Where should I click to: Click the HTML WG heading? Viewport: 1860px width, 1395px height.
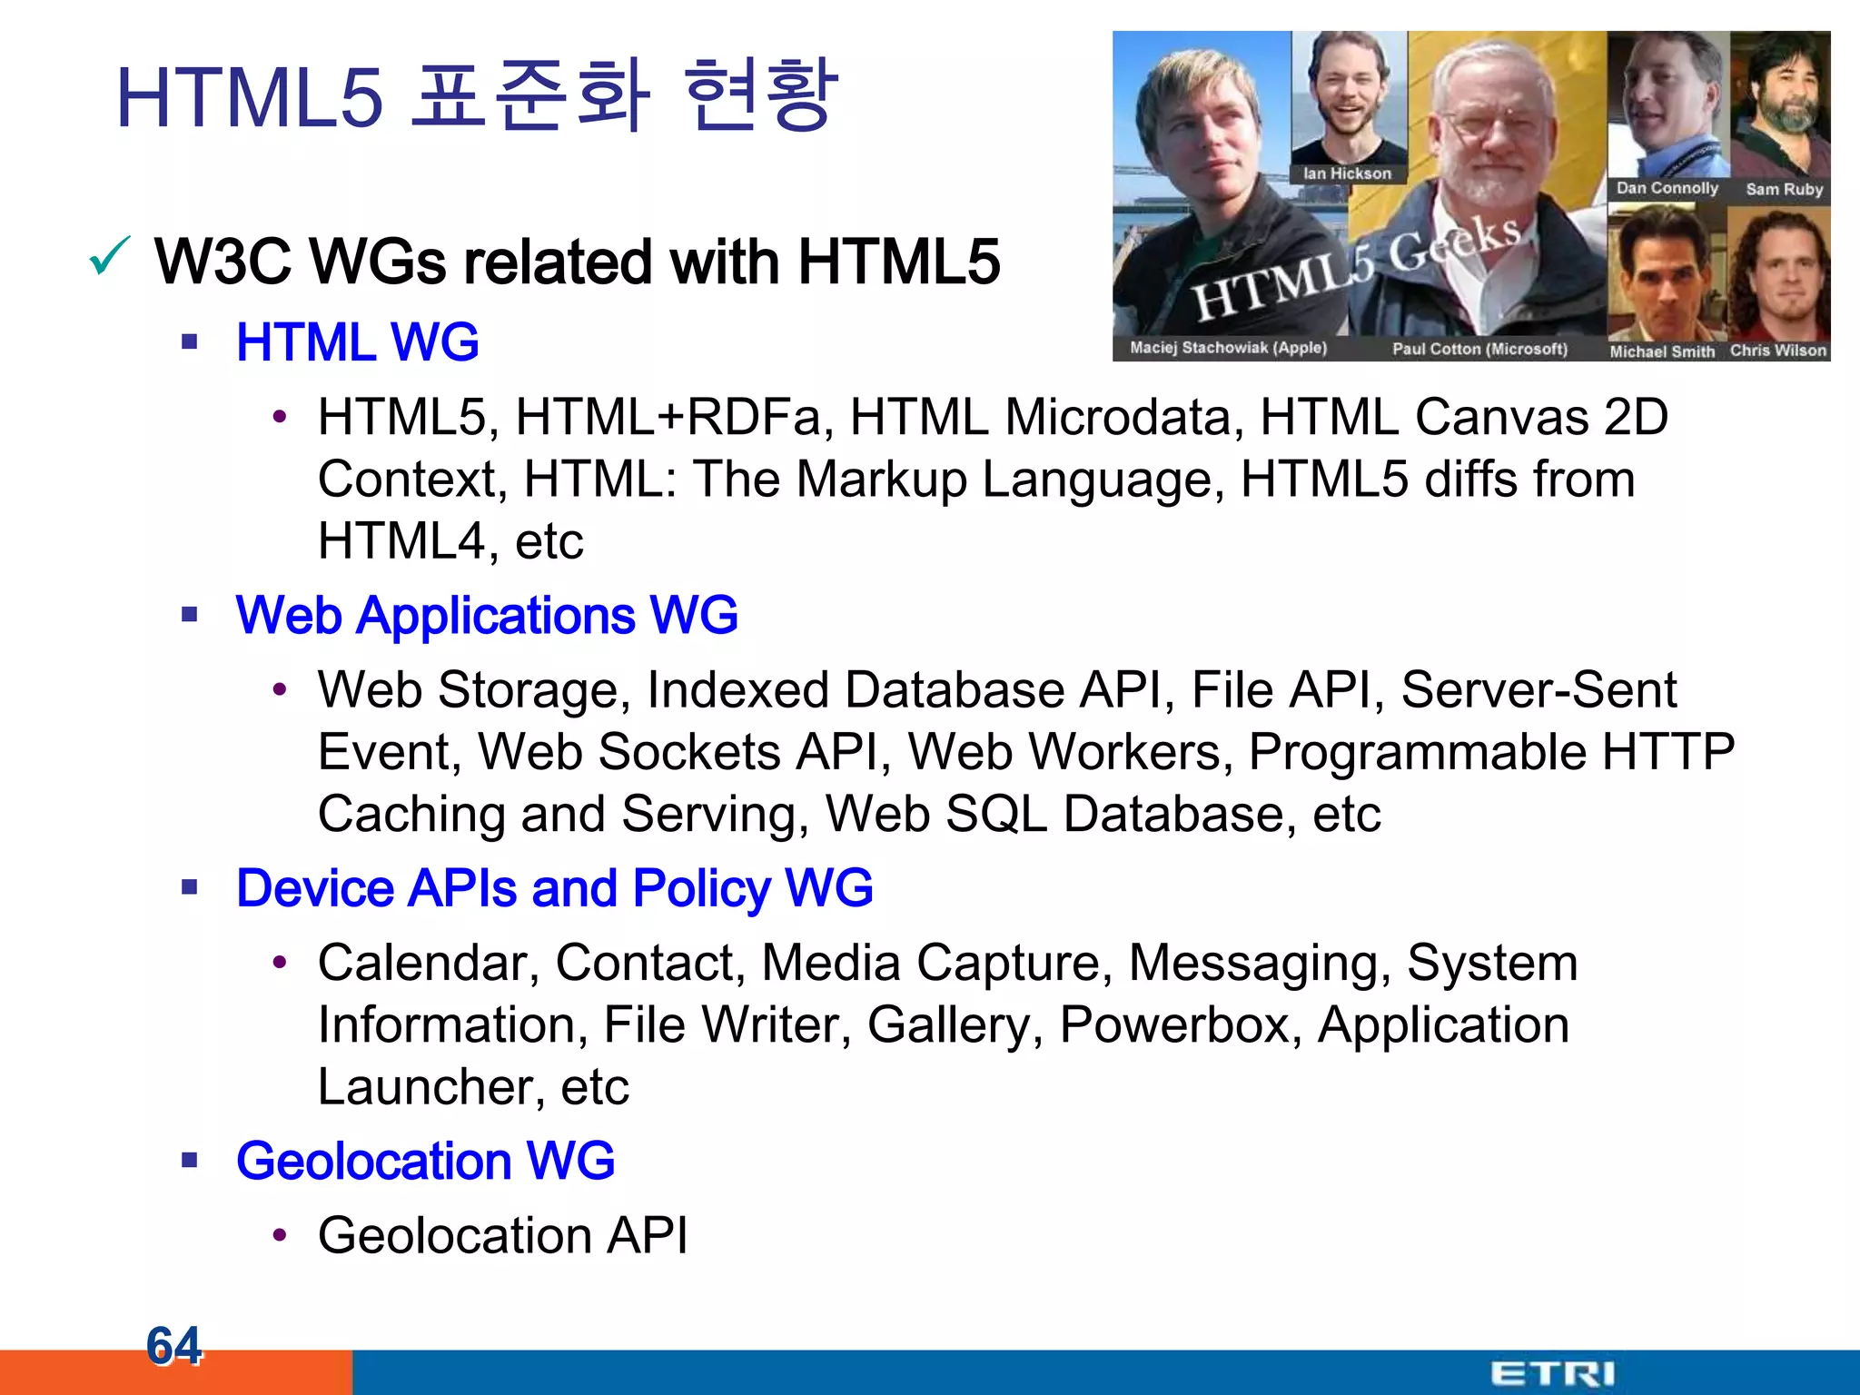click(x=357, y=342)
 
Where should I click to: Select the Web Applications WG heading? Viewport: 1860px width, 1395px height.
click(x=487, y=616)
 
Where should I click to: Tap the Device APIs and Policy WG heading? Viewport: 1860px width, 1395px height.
click(x=554, y=888)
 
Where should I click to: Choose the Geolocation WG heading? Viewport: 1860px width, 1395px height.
click(x=425, y=1161)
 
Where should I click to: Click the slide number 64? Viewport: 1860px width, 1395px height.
click(x=173, y=1345)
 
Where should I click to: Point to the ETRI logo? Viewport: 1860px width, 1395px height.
click(x=1552, y=1373)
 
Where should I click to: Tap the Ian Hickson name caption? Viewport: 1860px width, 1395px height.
click(x=1347, y=173)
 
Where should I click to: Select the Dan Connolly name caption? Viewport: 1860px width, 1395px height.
click(x=1667, y=189)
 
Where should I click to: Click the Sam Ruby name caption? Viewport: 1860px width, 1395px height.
click(x=1784, y=190)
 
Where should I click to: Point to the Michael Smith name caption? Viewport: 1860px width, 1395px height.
click(x=1662, y=351)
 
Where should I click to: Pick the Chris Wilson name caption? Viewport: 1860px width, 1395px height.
click(x=1777, y=351)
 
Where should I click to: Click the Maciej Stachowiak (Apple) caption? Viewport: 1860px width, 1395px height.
click(x=1228, y=348)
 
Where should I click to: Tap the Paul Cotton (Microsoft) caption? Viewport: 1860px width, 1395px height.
click(x=1479, y=349)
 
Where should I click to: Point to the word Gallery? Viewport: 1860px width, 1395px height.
click(x=954, y=1025)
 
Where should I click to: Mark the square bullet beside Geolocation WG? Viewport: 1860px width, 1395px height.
click(x=189, y=1160)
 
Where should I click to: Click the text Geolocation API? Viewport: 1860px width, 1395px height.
click(x=502, y=1235)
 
